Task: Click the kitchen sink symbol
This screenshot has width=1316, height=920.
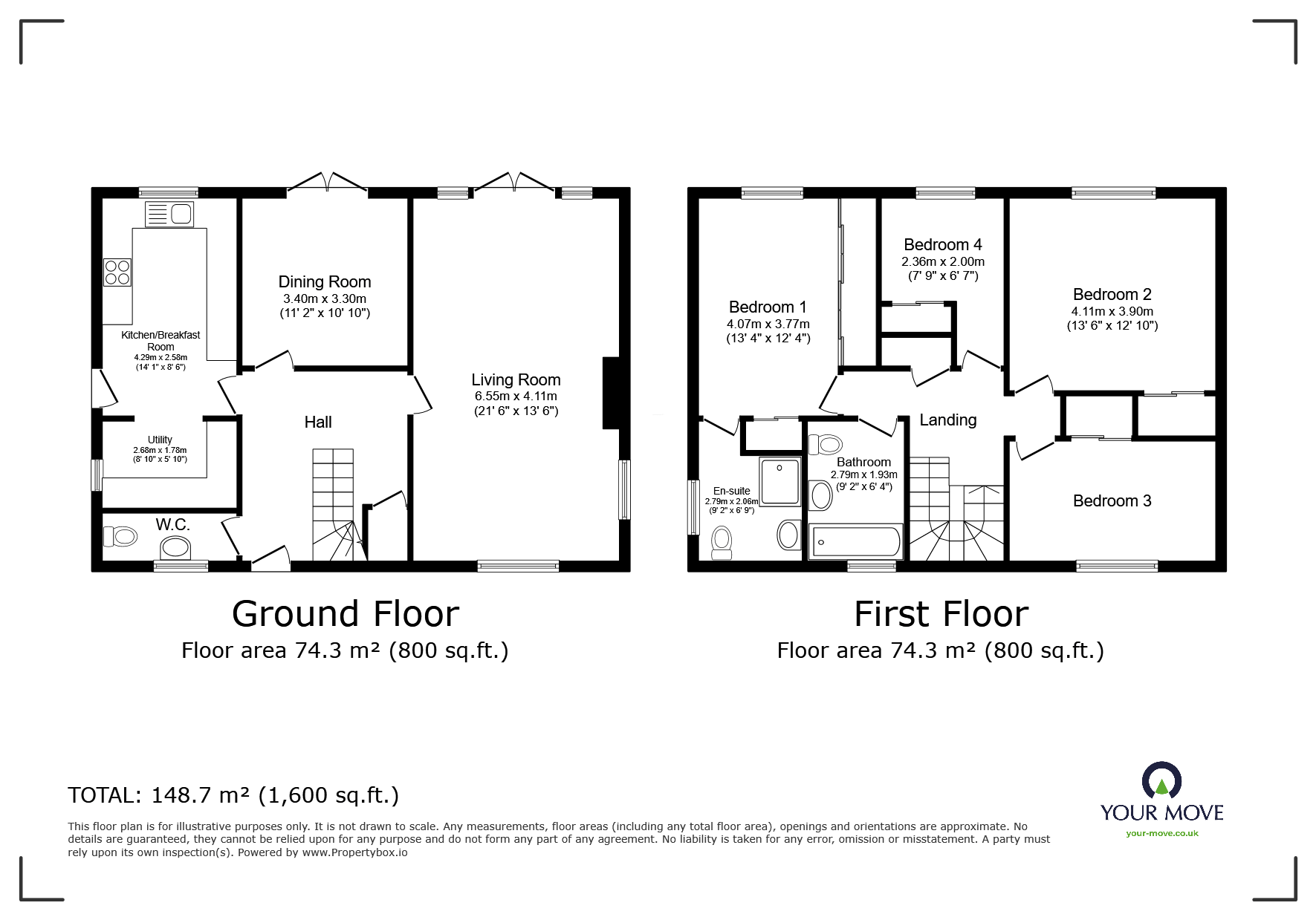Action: coord(169,215)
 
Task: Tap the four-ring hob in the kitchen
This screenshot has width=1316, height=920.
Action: coord(117,271)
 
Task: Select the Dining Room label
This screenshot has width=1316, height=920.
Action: coord(324,281)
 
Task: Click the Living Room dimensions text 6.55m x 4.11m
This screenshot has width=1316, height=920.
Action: coord(515,396)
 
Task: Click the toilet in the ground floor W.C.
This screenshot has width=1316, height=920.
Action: coord(120,535)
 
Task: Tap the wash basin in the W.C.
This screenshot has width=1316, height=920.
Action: coord(175,548)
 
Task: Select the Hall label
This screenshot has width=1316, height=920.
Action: coord(318,422)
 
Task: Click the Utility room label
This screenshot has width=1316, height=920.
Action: coord(160,440)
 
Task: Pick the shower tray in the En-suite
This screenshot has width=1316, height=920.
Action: coord(779,480)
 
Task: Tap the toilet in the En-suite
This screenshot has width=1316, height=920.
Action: coord(721,543)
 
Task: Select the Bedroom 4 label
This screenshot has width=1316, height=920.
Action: coord(942,244)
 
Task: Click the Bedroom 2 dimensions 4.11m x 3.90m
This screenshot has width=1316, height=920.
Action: coord(1112,311)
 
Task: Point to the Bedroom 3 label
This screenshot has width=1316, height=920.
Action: coord(1112,500)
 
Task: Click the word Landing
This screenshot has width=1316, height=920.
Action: coord(947,420)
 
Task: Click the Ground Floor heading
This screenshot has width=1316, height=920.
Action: coord(345,613)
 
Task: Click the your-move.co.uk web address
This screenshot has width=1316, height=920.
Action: coord(1161,833)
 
